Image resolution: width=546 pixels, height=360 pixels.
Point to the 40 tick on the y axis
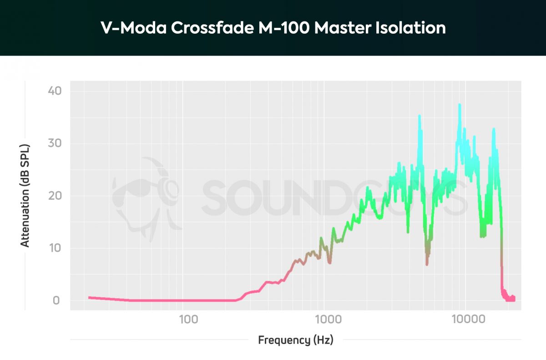[54, 91]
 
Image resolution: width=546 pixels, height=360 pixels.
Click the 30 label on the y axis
[54, 143]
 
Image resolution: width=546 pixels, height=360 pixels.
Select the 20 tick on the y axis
[54, 196]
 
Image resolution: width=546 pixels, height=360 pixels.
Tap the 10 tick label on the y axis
[54, 248]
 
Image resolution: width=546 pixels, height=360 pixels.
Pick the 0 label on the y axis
[56, 300]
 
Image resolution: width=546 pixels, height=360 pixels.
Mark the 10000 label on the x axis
[468, 319]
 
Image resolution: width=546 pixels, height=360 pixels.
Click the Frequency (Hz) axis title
[295, 340]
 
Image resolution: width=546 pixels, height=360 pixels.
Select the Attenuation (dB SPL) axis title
[25, 196]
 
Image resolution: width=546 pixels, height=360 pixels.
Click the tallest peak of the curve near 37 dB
[460, 105]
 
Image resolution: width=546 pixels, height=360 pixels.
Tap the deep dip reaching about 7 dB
[427, 264]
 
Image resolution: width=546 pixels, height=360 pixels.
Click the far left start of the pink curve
[90, 297]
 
